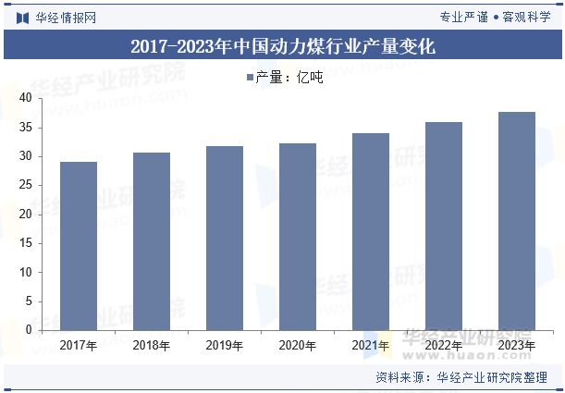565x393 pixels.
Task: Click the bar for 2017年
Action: coord(79,246)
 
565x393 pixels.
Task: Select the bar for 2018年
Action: coord(152,241)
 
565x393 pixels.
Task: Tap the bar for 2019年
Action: coord(225,238)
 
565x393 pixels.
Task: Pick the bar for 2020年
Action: coord(298,237)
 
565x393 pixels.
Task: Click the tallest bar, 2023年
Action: coord(517,221)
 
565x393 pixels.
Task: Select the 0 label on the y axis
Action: coord(29,330)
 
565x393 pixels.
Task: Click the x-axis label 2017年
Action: coord(79,346)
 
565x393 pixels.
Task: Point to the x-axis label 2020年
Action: coord(298,346)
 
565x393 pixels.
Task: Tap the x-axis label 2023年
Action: coord(517,346)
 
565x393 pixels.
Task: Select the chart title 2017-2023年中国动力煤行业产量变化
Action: coord(282,45)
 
